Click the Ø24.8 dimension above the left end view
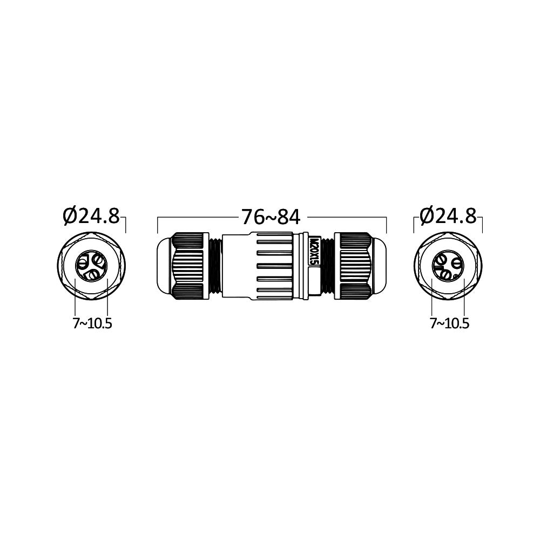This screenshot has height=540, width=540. (91, 216)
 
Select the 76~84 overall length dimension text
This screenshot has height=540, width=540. (271, 217)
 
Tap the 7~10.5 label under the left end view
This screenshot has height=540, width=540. (92, 323)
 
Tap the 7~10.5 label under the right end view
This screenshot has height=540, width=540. (449, 323)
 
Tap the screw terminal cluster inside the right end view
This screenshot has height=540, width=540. (448, 266)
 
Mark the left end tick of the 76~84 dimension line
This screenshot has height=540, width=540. (157, 225)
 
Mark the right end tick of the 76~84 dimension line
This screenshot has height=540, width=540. (387, 225)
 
